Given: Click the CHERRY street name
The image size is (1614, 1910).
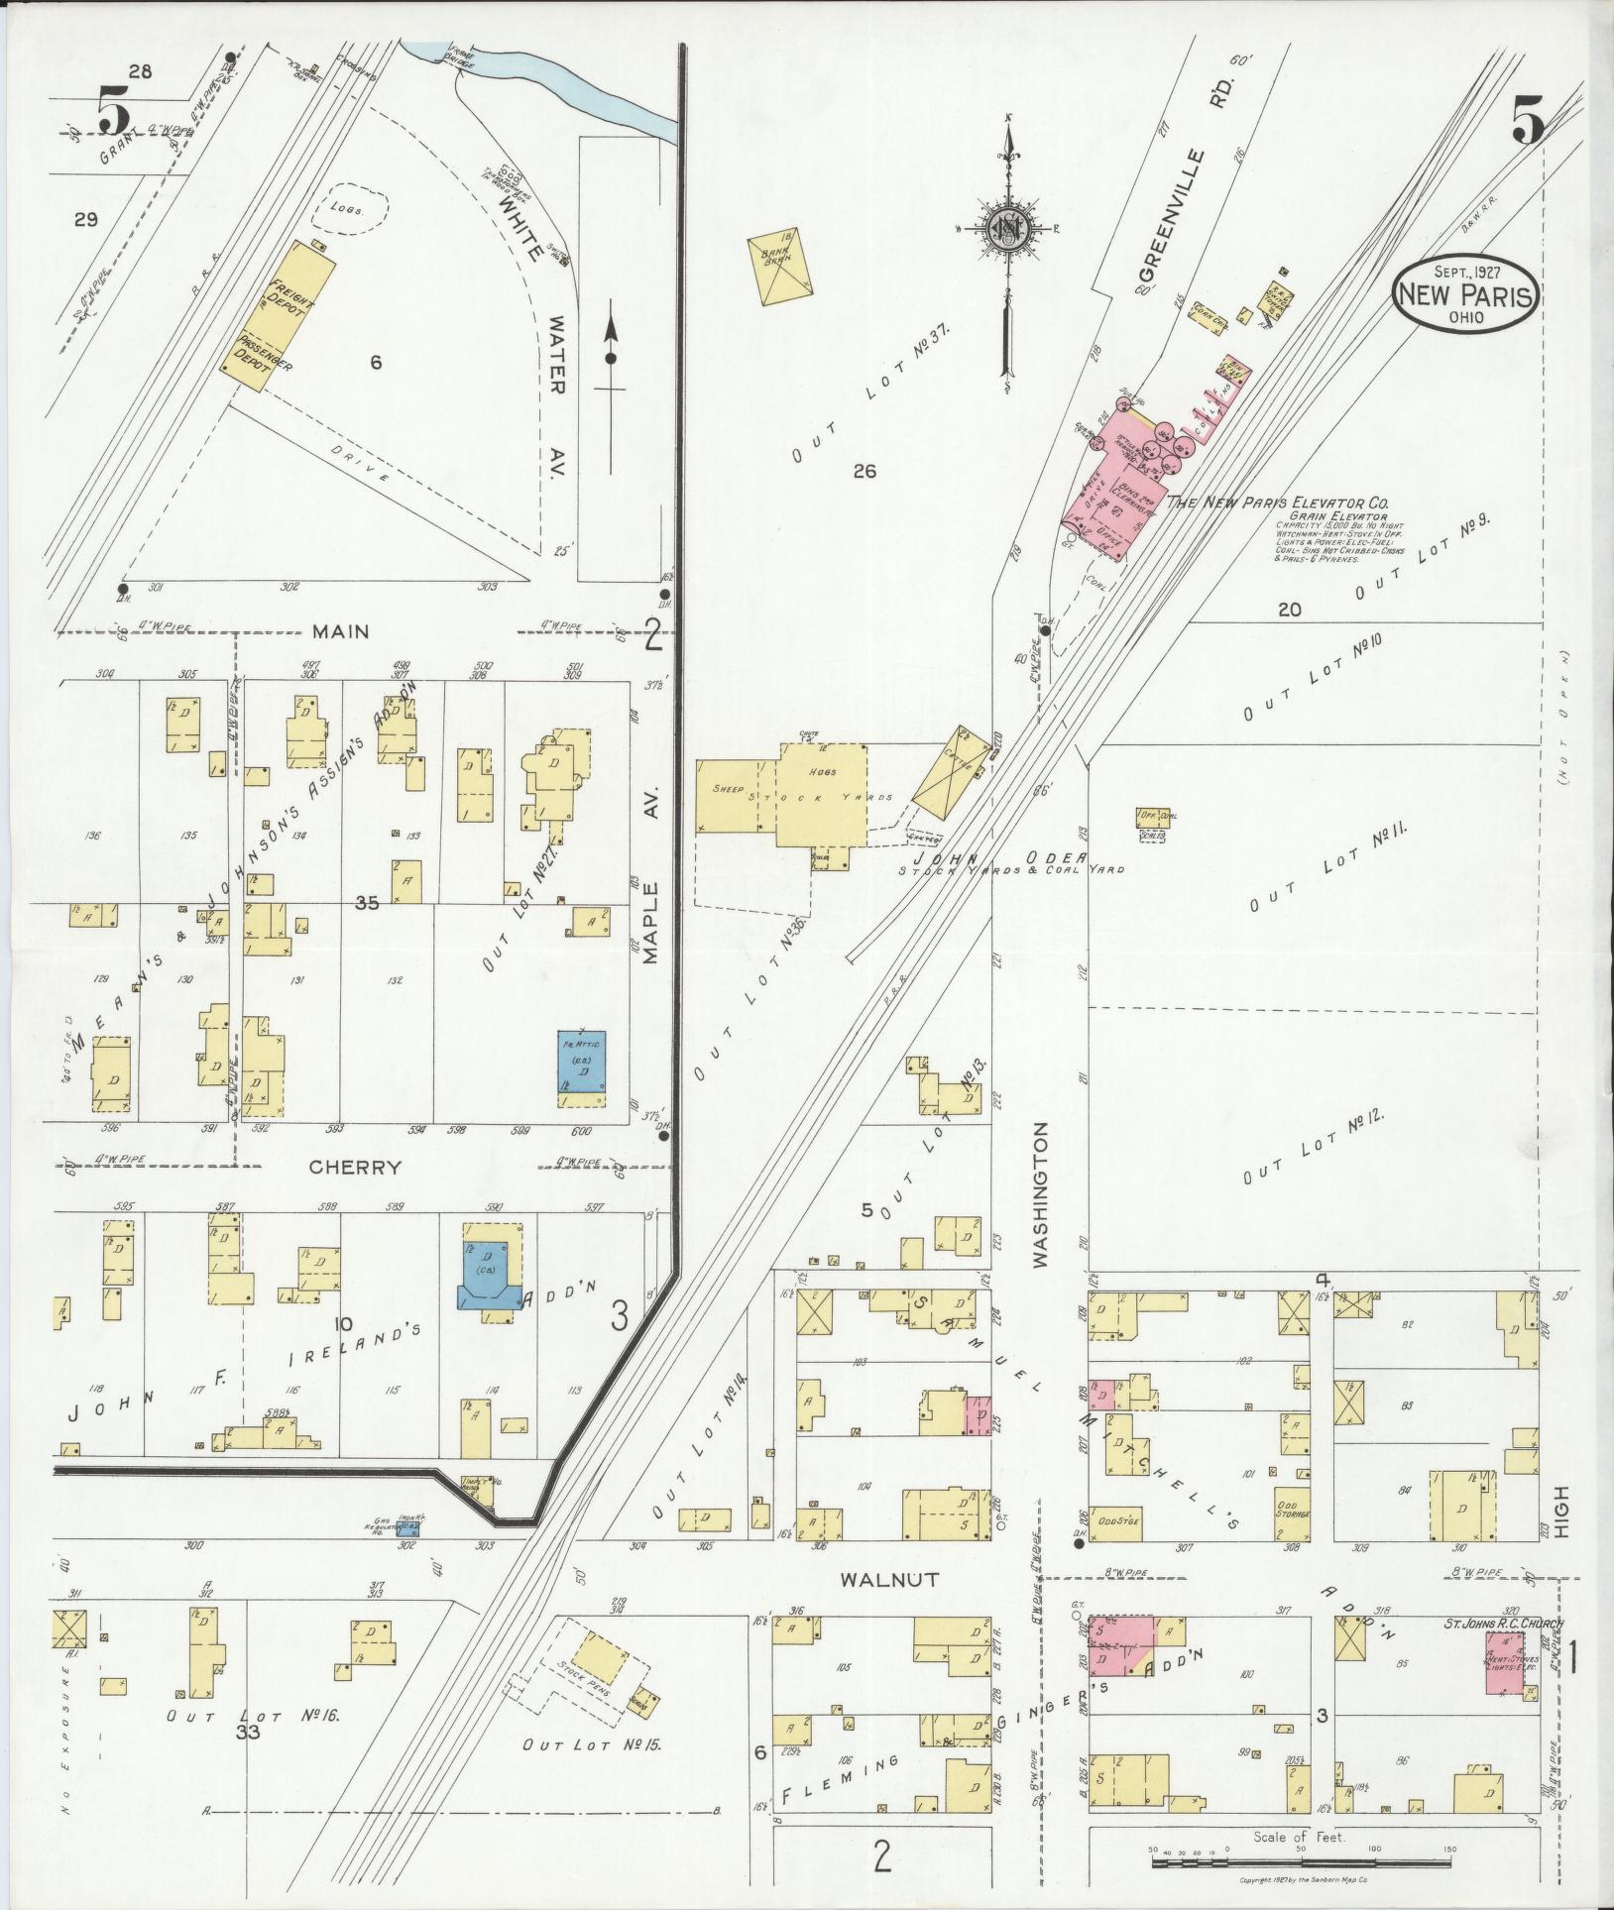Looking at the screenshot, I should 355,1168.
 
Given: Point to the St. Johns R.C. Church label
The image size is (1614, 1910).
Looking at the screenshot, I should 1502,1624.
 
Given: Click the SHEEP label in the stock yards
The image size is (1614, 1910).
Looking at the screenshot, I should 727,789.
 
